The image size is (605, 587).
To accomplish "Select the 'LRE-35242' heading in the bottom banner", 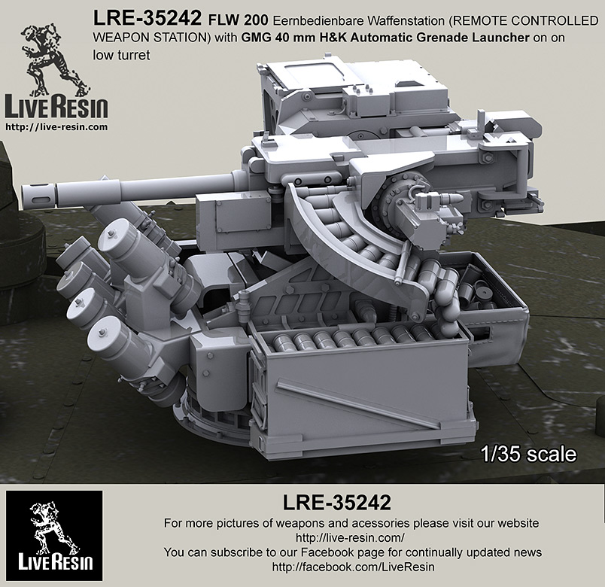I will click(x=351, y=502).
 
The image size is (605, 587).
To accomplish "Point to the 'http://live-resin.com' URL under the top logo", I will click(x=56, y=127).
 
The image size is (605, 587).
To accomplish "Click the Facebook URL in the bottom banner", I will click(x=351, y=565).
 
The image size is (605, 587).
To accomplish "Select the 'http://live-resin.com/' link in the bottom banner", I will click(x=351, y=537).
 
